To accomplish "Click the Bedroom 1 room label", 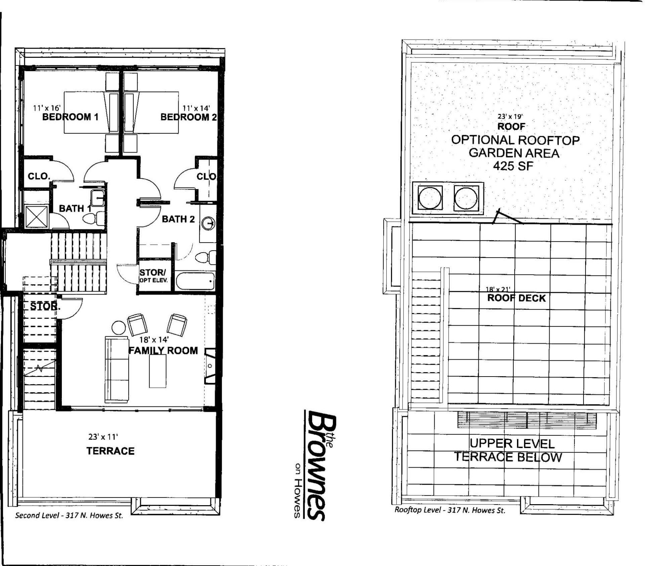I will [x=70, y=117].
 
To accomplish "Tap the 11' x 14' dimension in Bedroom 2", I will [x=196, y=108].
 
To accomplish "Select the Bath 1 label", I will [x=75, y=208].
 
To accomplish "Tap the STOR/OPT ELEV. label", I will [x=154, y=275].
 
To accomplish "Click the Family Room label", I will [x=163, y=351].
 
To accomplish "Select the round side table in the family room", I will [x=118, y=328].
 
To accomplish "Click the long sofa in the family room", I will [x=117, y=369].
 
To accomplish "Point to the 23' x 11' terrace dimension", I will [x=103, y=437].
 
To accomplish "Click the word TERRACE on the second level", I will [x=110, y=451].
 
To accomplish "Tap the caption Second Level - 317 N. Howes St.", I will [x=69, y=516].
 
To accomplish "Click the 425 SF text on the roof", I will [x=513, y=166].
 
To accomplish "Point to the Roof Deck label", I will [x=516, y=298].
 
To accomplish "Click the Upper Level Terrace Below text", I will [x=508, y=450].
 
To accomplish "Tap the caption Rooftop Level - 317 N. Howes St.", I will [x=450, y=510].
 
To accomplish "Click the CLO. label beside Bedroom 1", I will [x=39, y=176].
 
